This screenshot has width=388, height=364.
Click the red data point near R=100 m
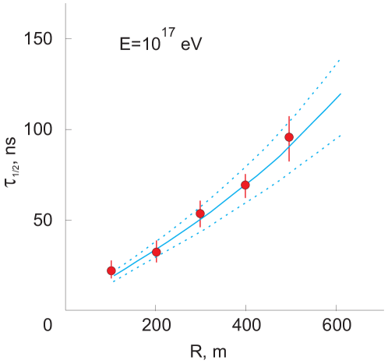coord(111,270)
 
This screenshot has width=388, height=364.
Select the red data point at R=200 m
coord(157,252)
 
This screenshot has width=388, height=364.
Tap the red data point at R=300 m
coord(200,214)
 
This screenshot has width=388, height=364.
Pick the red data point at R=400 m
coord(245,185)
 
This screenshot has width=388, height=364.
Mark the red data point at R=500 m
coord(289,137)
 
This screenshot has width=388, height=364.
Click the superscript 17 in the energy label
coord(169,36)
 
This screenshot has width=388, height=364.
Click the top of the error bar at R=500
coord(289,116)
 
